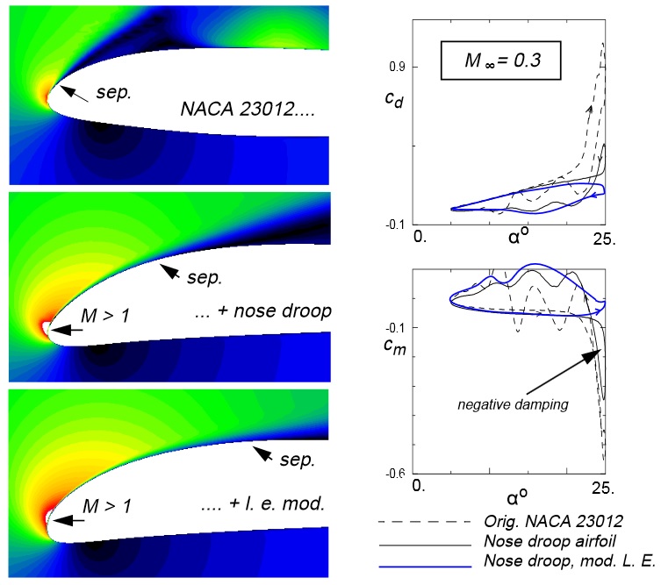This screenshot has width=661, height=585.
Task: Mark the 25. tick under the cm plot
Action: click(603, 487)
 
